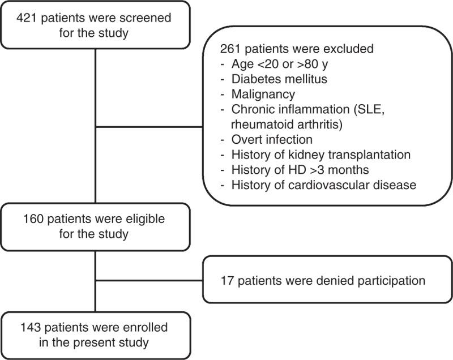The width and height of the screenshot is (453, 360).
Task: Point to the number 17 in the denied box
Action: coord(227,280)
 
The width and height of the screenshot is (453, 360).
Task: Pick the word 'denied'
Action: coord(324,280)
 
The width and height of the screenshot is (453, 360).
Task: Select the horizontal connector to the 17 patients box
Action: coord(149,280)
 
